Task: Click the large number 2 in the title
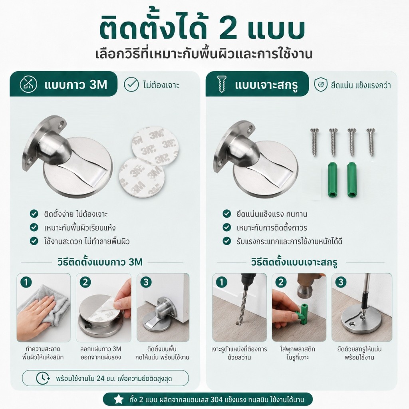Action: (x=226, y=29)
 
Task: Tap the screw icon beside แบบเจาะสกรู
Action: (x=222, y=84)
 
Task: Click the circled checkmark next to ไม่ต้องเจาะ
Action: (x=131, y=84)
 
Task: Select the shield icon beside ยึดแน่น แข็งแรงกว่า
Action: (x=321, y=85)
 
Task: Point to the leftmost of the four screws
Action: (x=314, y=142)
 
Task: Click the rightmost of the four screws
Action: (x=370, y=142)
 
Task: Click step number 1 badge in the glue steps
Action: (x=26, y=282)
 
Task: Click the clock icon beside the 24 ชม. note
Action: (x=43, y=378)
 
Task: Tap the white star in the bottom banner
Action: (x=119, y=399)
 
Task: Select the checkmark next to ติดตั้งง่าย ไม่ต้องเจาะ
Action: (x=34, y=214)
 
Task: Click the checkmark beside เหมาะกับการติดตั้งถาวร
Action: (x=227, y=227)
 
